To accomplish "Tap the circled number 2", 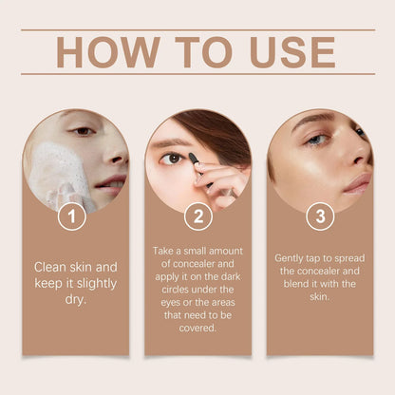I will [197, 216].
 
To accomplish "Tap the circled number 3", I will [320, 216].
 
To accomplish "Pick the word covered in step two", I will [197, 328].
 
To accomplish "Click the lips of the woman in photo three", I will [357, 182].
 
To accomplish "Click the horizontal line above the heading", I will [197, 29].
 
